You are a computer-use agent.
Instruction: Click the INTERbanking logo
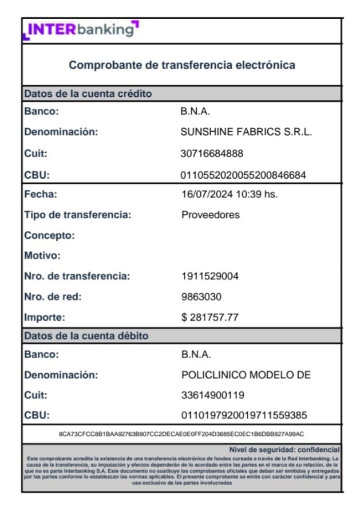point(81,29)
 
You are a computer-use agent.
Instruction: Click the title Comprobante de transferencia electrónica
point(182,65)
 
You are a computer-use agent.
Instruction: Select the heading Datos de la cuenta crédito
point(88,93)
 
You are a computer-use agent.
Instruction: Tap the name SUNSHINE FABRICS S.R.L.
point(246,132)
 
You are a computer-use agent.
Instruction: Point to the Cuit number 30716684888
point(212,153)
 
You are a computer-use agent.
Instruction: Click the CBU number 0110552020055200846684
point(243,175)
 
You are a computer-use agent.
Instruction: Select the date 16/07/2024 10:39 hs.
point(230,194)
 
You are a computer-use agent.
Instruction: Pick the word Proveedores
point(210,215)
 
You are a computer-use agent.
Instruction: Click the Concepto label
point(49,235)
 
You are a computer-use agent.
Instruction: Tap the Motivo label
point(42,255)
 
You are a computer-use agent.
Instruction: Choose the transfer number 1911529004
point(210,276)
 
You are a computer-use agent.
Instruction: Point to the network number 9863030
point(201,297)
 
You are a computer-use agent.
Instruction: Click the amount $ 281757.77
point(209,317)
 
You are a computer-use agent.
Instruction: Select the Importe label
point(45,317)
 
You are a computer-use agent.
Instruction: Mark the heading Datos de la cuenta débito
point(86,336)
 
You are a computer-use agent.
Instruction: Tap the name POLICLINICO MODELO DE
point(246,375)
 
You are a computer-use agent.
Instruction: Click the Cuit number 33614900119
point(213,395)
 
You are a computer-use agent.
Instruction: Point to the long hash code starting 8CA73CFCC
point(181,434)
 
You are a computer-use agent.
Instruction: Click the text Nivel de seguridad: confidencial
point(284,450)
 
